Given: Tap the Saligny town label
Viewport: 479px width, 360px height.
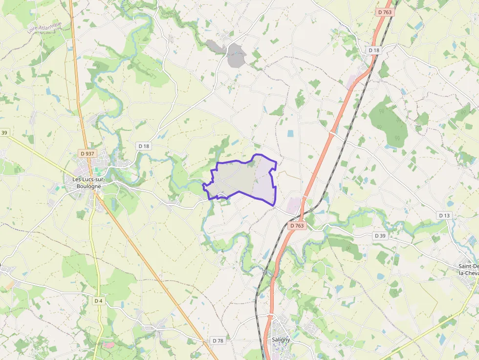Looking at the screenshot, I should [x=281, y=339].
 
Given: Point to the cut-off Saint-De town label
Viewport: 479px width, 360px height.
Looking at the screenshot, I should [x=468, y=270].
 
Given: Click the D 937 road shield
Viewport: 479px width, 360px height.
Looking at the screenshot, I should [x=87, y=154].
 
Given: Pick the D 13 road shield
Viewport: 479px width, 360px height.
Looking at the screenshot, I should [x=444, y=215].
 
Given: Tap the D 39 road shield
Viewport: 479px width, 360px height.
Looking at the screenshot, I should [x=380, y=236].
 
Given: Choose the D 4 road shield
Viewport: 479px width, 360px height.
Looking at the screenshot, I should [x=99, y=300].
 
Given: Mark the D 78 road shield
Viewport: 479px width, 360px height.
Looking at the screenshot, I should [x=218, y=340].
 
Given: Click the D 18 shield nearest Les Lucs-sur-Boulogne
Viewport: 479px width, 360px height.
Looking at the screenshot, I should [x=143, y=146].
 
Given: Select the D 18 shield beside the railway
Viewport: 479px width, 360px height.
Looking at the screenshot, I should [x=374, y=50].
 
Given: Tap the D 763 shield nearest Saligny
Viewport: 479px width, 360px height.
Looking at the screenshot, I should [x=297, y=226].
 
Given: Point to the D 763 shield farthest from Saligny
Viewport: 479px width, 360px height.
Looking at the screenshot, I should [x=385, y=12].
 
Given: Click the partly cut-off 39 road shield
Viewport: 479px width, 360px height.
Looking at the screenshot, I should [x=4, y=133].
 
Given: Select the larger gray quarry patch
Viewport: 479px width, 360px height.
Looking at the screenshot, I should [x=236, y=55].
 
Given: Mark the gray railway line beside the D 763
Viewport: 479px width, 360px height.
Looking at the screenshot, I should [x=342, y=137].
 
